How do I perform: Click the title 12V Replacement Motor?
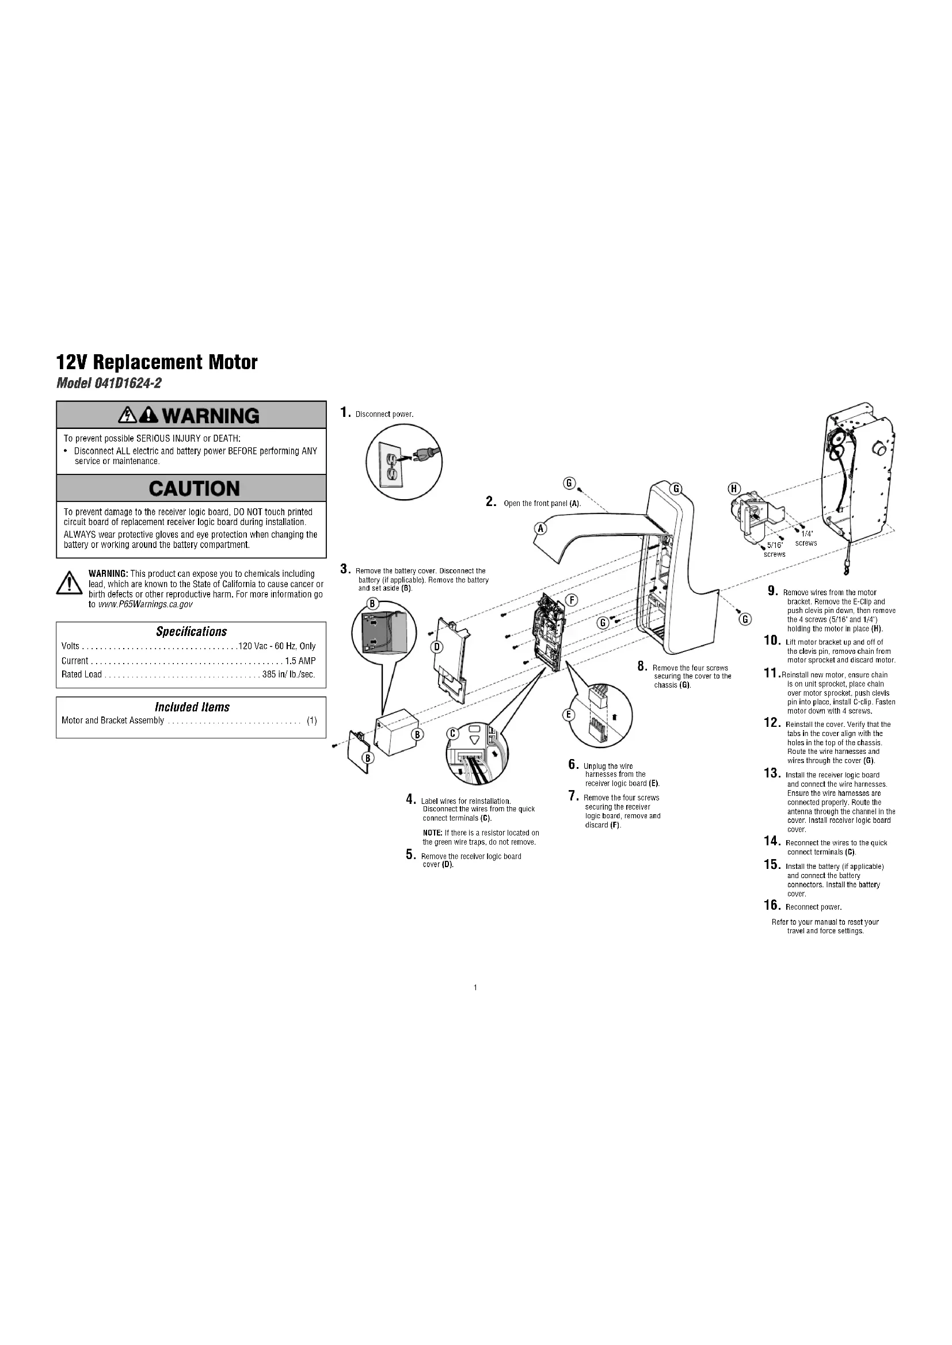pos(157,362)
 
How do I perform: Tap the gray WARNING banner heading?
pos(191,415)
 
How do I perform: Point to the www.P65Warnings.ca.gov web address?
pos(146,604)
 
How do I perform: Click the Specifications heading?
pos(191,631)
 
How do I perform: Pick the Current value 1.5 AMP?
pos(300,661)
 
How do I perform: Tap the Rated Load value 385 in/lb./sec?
pos(289,675)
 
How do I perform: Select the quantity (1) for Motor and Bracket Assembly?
pos(312,721)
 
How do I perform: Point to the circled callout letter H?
pos(734,489)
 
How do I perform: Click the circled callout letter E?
pos(568,715)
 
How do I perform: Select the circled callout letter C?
pos(452,734)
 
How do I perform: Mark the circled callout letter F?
pos(573,599)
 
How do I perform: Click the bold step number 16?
pos(771,906)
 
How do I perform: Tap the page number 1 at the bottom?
pos(475,988)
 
